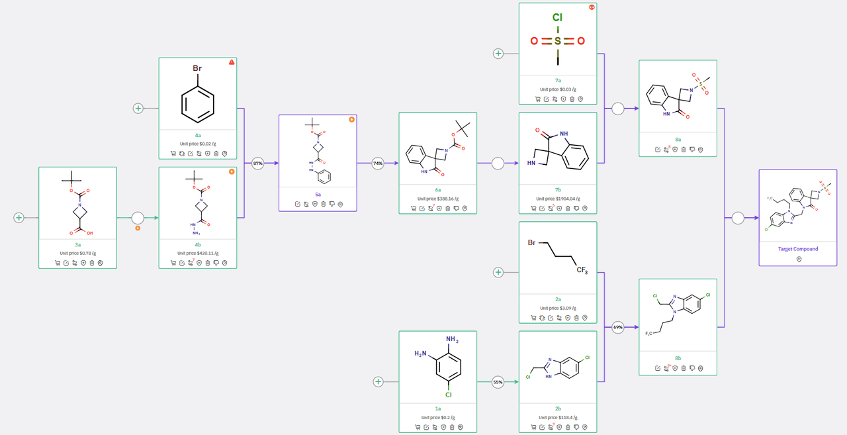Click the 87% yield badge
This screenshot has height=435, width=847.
pyautogui.click(x=258, y=163)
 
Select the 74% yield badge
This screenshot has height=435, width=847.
pyautogui.click(x=378, y=163)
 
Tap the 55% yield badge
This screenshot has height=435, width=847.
pyautogui.click(x=498, y=381)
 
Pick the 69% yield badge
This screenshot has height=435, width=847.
pyautogui.click(x=618, y=327)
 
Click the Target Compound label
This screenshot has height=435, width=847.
pyautogui.click(x=797, y=249)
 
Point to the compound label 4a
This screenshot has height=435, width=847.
pyautogui.click(x=198, y=135)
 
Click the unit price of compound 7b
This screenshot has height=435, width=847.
pyautogui.click(x=558, y=199)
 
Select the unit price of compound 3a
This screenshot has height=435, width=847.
pyautogui.click(x=77, y=253)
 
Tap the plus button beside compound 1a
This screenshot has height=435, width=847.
pyautogui.click(x=379, y=381)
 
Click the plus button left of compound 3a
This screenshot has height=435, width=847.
pyautogui.click(x=19, y=217)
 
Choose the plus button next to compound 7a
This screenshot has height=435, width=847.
pyautogui.click(x=498, y=54)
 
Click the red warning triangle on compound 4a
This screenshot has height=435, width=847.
pyautogui.click(x=232, y=62)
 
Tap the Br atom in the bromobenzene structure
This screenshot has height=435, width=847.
pyautogui.click(x=197, y=68)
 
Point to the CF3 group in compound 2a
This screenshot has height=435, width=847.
pyautogui.click(x=582, y=269)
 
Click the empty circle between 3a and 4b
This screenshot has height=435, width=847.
pyautogui.click(x=138, y=217)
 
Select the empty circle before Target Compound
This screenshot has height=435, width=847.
pyautogui.click(x=738, y=218)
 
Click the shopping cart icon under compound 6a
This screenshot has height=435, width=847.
pyautogui.click(x=414, y=209)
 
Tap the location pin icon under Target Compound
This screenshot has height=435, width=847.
pyautogui.click(x=799, y=260)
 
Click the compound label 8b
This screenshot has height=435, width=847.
pyautogui.click(x=678, y=358)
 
